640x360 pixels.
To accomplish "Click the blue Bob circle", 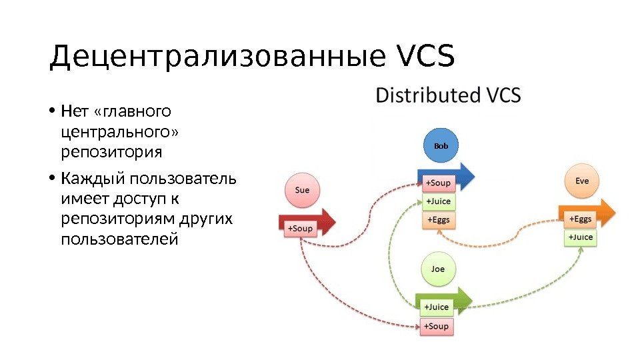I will pos(441,145).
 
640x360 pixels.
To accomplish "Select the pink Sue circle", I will pos(302,190).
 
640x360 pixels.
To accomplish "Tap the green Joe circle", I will pos(437,269).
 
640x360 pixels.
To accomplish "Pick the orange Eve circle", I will pos(581,181).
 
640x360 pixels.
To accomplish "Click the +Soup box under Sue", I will pos(299,229).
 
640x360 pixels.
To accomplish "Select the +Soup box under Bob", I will pos(438,183).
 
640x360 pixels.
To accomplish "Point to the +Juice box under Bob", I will pos(438,201).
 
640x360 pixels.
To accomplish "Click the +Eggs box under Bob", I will pos(438,219).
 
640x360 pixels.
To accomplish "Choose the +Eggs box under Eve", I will pos(579,219).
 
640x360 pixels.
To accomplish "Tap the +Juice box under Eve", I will pos(579,237).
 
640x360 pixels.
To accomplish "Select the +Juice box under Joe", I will pos(437,307).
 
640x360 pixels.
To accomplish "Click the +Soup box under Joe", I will pos(437,326).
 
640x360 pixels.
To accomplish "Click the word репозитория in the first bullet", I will pos(111,153).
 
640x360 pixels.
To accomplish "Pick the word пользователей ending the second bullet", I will pos(119,239).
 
